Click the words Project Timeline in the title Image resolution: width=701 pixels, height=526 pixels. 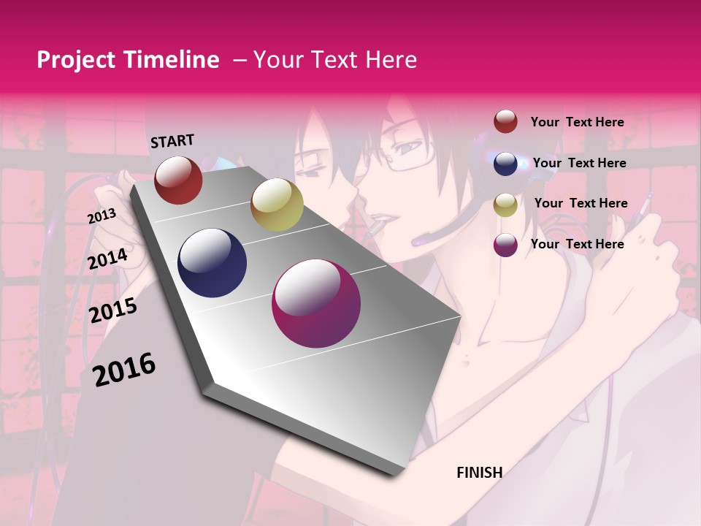point(128,60)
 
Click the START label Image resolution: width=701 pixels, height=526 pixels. point(172,141)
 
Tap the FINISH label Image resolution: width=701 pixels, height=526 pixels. point(479,472)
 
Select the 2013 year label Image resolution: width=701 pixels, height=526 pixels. point(101,216)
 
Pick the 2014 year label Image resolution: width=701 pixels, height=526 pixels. point(108,259)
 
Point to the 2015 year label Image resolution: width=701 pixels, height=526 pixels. point(113,310)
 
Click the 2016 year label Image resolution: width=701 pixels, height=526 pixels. point(124,370)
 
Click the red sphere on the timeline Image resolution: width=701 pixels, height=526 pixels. point(178,180)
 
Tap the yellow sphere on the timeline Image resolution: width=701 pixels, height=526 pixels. point(276,204)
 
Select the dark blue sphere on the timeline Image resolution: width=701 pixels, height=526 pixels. point(212,263)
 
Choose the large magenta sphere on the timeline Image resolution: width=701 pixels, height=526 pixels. point(315,303)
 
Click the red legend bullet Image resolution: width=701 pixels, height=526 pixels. point(505,122)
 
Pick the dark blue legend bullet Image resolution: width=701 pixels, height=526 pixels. point(505,164)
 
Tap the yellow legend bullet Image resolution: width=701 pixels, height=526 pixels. point(505,205)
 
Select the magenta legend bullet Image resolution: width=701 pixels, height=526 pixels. point(505,245)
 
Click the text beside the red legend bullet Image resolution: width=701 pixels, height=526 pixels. point(577,122)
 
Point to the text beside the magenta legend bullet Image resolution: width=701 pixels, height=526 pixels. point(577,244)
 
